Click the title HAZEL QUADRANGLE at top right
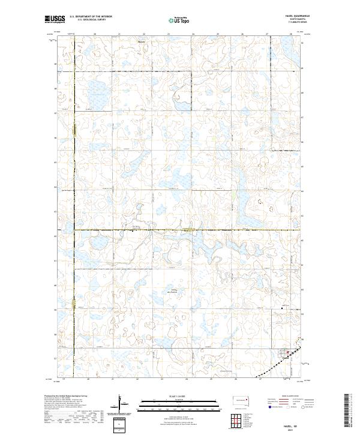pos(292,16)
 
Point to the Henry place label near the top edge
pos(142,42)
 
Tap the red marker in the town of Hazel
pos(287,352)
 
